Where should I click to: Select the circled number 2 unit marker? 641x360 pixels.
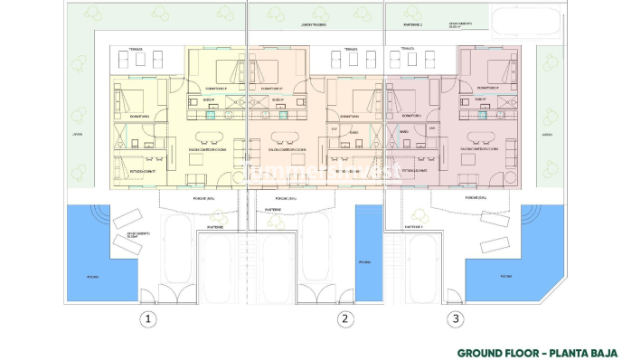pyautogui.click(x=344, y=318)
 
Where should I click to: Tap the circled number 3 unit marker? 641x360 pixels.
pyautogui.click(x=457, y=318)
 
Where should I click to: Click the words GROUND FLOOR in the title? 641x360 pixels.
pyautogui.click(x=495, y=353)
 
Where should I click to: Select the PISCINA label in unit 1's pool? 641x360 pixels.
pyautogui.click(x=92, y=277)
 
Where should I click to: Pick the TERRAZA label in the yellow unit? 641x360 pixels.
pyautogui.click(x=136, y=50)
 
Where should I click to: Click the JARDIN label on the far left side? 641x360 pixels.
pyautogui.click(x=52, y=136)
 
